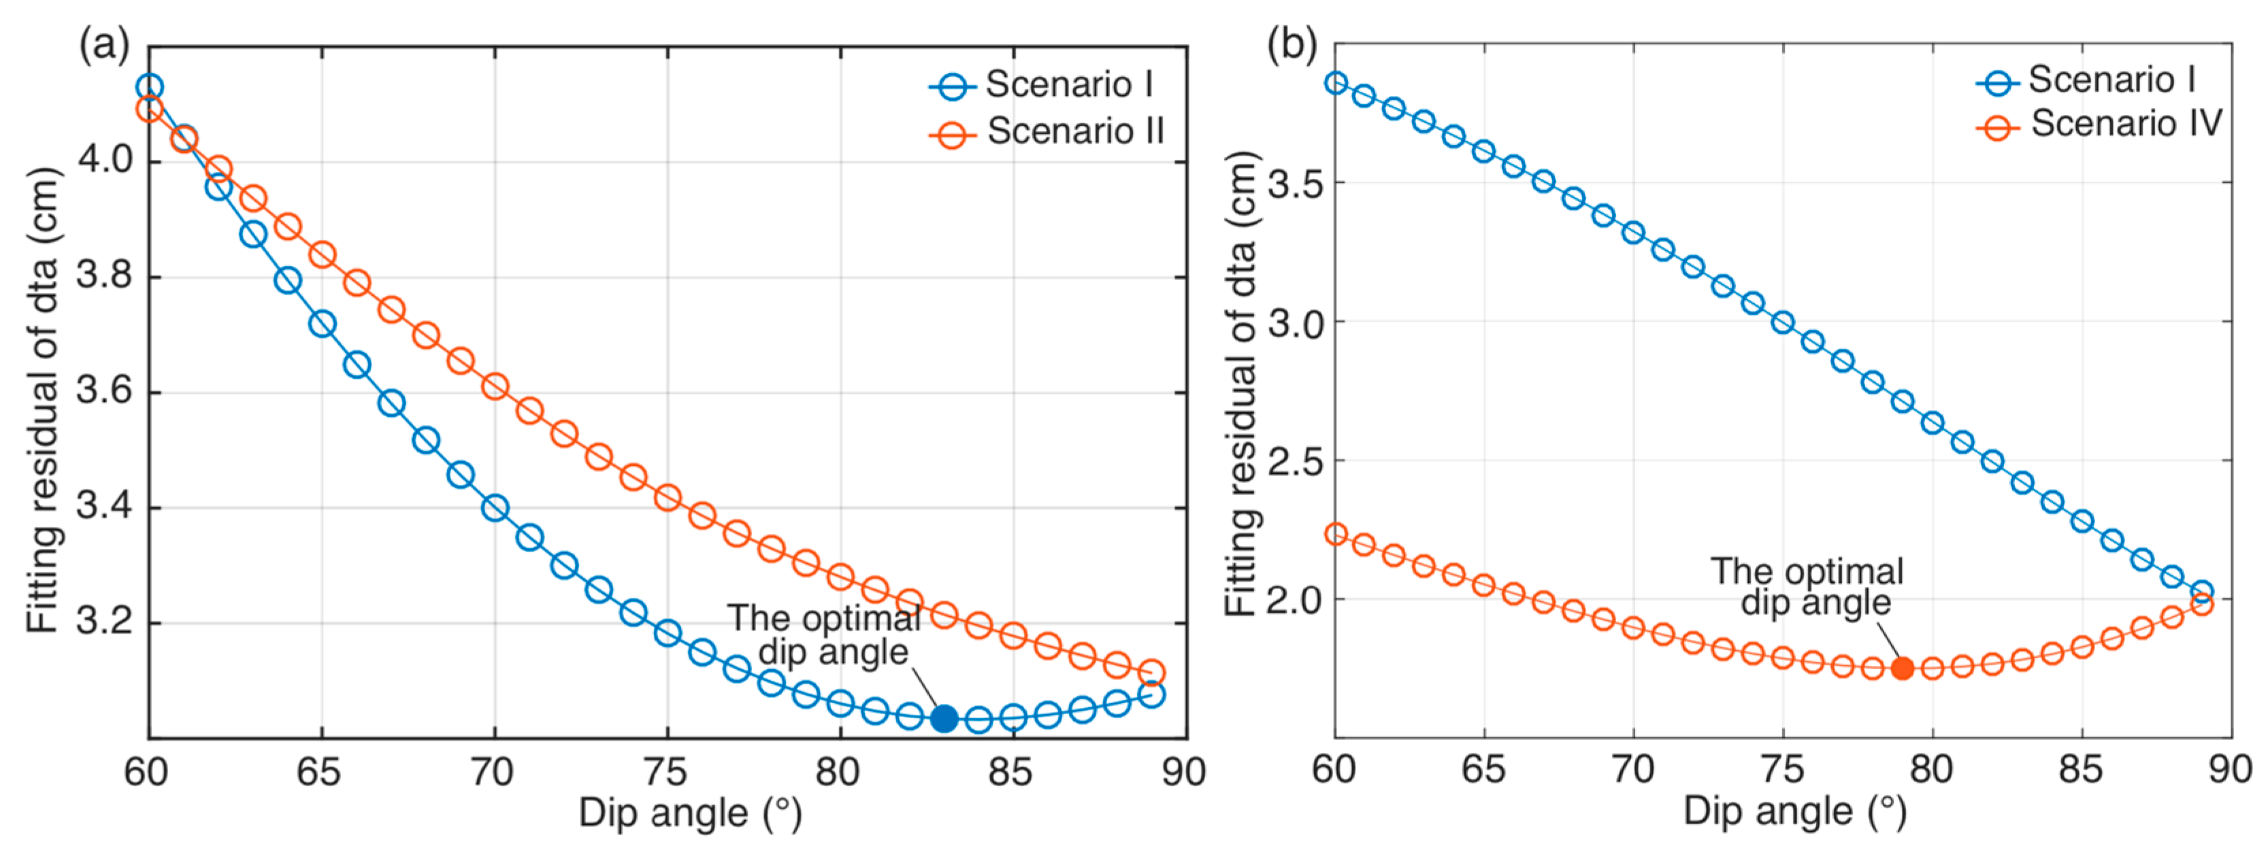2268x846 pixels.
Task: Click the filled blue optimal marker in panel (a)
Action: pos(944,718)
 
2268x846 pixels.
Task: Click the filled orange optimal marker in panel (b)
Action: pos(1903,669)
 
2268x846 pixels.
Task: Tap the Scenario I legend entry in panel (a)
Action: pos(1042,86)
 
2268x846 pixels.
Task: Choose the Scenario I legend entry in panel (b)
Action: pos(2086,81)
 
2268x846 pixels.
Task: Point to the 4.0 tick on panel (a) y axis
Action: pos(104,160)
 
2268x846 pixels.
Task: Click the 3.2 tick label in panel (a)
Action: pos(104,622)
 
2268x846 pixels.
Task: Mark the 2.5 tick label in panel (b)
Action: pos(1294,461)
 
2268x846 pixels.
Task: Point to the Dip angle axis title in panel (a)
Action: pos(690,813)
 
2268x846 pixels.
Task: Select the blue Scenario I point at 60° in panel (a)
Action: pos(150,87)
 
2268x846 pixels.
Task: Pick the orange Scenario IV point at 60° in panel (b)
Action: pos(1336,535)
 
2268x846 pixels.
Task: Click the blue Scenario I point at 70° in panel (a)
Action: pos(495,508)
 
